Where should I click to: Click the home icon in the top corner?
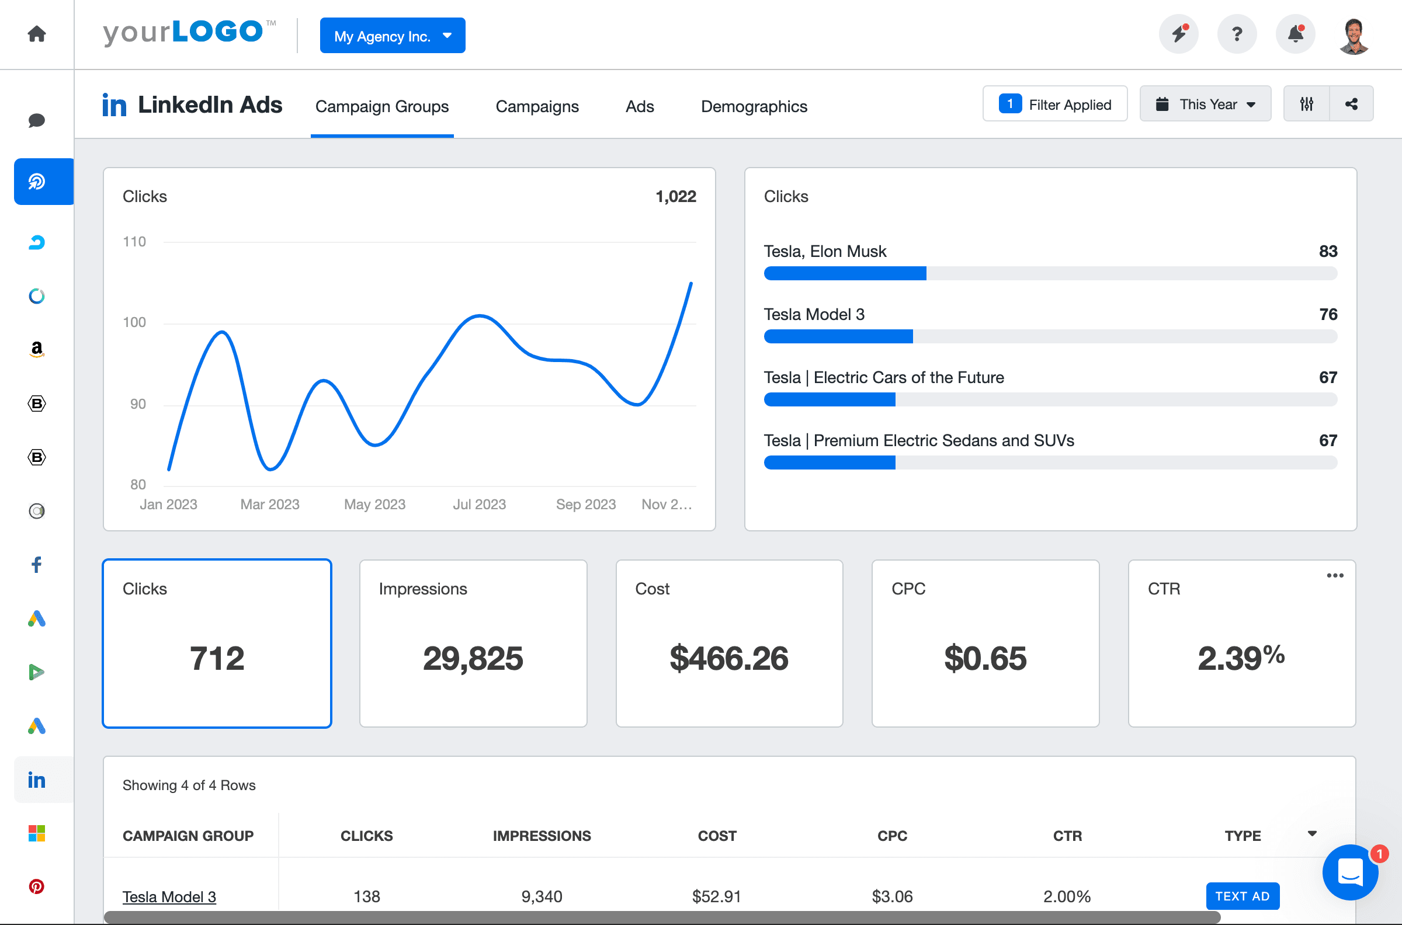point(37,34)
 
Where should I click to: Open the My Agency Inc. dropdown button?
point(392,36)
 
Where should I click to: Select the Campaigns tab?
point(536,106)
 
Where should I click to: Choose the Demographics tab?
point(754,106)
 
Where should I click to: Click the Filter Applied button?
point(1054,105)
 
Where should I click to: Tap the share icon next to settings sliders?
point(1351,105)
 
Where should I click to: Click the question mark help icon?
point(1236,34)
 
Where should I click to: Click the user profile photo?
point(1354,36)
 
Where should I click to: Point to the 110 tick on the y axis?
point(134,242)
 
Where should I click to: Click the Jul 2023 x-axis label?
point(479,505)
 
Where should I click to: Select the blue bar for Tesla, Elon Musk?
point(844,273)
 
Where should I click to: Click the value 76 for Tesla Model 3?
point(1328,314)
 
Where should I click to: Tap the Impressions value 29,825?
point(473,658)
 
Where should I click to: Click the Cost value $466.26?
point(728,658)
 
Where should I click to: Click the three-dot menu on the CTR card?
point(1335,575)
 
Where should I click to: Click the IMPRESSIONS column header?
point(541,836)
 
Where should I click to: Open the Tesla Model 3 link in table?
point(169,897)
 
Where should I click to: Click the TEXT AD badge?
point(1242,896)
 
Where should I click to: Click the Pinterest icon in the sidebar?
point(37,886)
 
